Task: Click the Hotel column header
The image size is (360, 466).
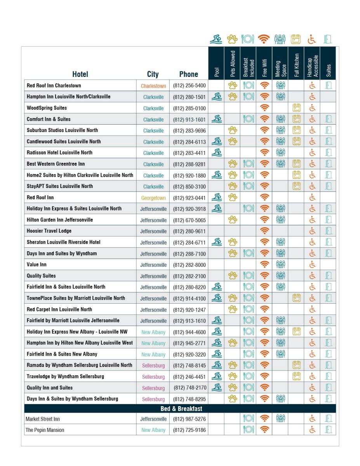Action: pos(80,74)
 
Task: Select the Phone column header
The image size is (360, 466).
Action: pos(188,74)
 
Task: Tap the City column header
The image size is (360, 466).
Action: pos(153,74)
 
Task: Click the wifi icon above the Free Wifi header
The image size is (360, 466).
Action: pos(264,39)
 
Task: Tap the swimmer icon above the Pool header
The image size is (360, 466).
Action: pos(216,39)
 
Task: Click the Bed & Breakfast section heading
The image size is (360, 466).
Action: pos(181,409)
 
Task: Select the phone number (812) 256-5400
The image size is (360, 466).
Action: pos(189,86)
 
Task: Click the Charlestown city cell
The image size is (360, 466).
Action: pos(153,86)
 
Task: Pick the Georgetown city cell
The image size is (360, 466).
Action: pos(153,198)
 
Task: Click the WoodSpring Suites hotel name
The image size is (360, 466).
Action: pos(47,108)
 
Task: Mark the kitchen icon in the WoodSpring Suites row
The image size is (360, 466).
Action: pos(296,108)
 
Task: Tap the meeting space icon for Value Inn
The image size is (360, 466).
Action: pos(280,265)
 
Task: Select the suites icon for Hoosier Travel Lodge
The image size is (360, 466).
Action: pos(328,231)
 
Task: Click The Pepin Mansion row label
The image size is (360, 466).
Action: pos(45,430)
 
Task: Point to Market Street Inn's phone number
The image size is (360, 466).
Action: pos(189,419)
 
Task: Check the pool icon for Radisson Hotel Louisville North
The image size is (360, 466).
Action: pos(216,153)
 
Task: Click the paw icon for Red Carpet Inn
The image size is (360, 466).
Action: pos(232,310)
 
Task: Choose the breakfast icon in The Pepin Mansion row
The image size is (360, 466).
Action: pos(248,430)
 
